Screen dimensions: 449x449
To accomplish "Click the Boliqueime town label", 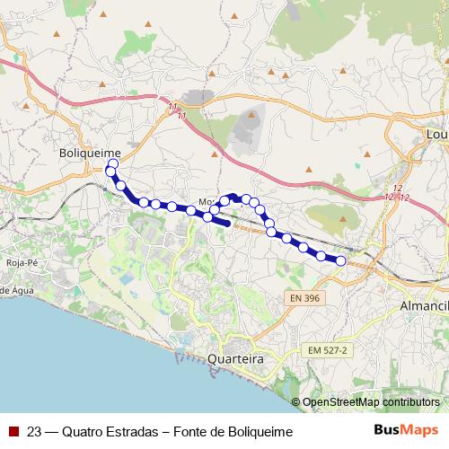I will [88, 154].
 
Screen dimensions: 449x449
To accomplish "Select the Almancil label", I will [423, 306].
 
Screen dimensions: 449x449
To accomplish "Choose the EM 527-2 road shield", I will [326, 348].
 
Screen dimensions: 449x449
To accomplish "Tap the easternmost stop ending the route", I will [340, 260].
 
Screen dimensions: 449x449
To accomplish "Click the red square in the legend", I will [13, 432].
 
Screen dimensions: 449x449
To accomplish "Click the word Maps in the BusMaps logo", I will [415, 431].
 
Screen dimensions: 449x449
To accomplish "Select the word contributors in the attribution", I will [411, 403].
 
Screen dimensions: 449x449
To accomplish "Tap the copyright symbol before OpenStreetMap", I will [296, 403].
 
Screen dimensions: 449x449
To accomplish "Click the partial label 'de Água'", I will [16, 290].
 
